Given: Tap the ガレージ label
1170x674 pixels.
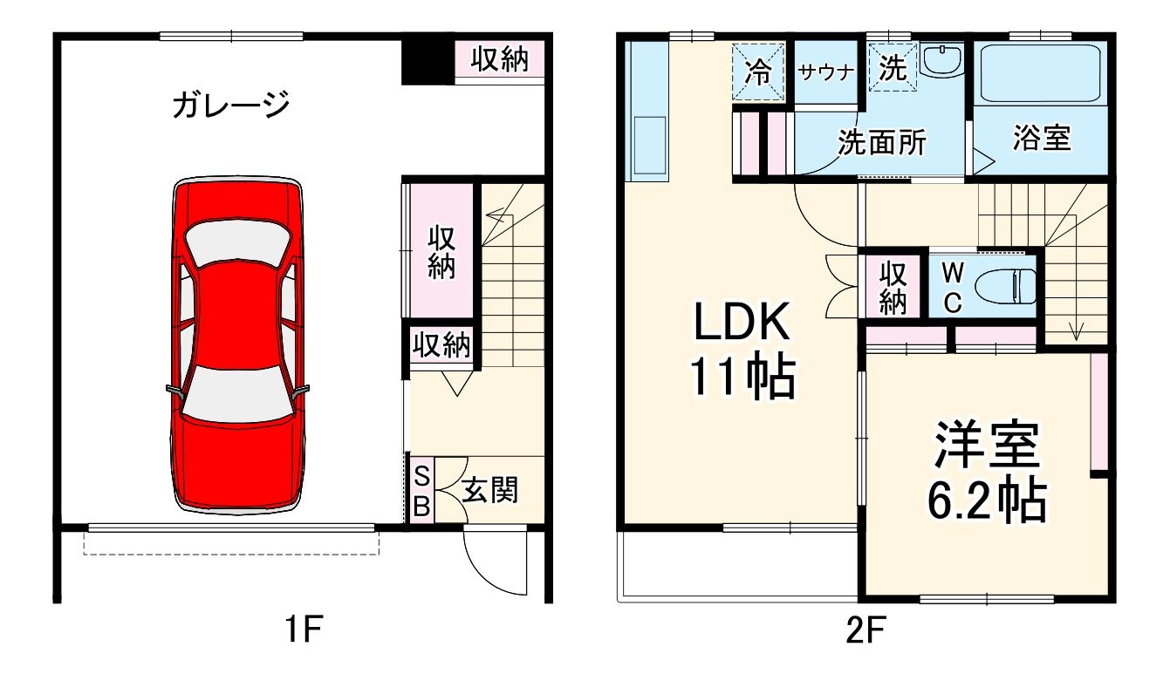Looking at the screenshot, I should coord(230,106).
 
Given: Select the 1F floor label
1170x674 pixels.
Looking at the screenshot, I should coord(302,630).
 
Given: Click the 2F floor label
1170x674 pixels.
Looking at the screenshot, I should coord(864,630).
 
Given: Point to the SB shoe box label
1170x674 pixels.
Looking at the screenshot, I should coord(421,491).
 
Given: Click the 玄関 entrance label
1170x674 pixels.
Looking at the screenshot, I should coord(489,490).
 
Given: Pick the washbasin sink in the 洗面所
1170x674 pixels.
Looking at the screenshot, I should coord(941,61).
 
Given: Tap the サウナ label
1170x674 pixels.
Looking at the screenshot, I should coord(824,72).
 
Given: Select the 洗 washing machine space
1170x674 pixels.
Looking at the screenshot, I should coord(892,67).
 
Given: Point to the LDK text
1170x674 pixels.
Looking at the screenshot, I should coord(742,323).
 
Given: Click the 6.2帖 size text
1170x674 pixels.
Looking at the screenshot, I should coord(986,500).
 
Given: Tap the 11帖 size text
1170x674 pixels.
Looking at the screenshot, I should coord(742,378).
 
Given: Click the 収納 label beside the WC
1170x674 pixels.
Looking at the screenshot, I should coord(893,287).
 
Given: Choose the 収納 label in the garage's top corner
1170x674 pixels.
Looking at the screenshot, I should coord(500,59).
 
